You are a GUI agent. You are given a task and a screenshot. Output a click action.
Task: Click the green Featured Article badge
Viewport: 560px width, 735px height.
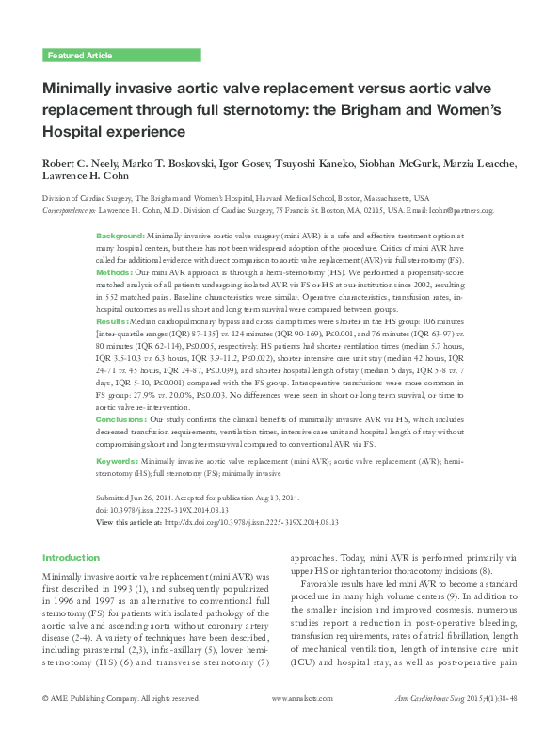79,56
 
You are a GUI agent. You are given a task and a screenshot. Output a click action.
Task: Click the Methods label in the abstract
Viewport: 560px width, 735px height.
114,271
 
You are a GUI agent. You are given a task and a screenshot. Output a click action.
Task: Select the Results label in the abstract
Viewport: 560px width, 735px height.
113,321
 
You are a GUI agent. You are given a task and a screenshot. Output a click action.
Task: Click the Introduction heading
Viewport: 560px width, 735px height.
72,558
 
